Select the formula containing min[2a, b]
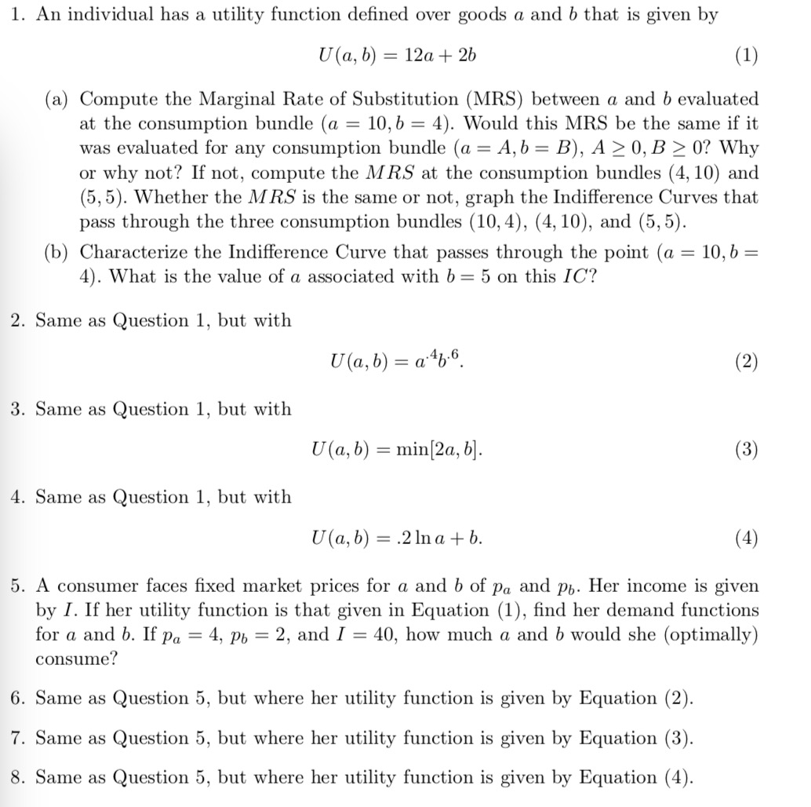tap(398, 450)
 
